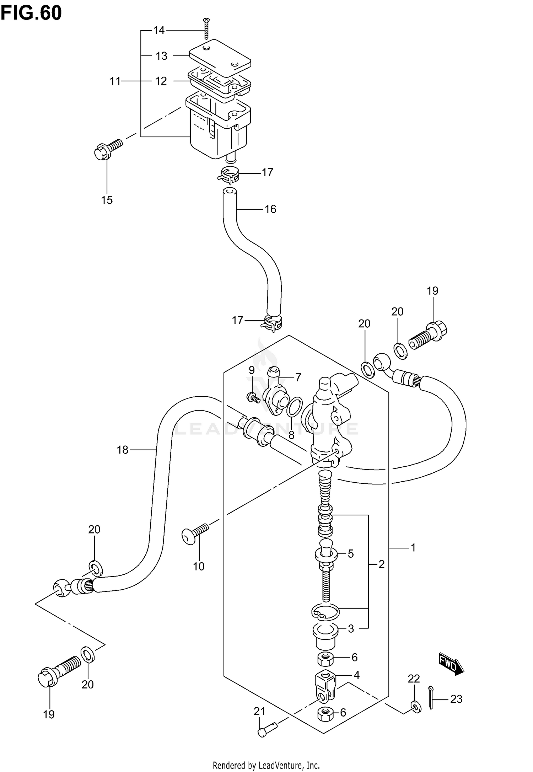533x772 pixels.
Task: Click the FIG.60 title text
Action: coord(31,13)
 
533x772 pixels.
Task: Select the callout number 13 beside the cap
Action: coord(161,56)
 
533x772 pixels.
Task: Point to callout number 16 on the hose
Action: coord(270,209)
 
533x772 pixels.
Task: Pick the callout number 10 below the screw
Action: coord(199,566)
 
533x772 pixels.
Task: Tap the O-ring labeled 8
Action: coord(295,407)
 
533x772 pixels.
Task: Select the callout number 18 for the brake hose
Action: coord(122,450)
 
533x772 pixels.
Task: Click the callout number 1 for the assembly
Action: coord(413,548)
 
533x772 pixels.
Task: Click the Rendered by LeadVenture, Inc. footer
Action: coord(266,765)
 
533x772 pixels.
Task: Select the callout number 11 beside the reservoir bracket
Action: coord(115,81)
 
